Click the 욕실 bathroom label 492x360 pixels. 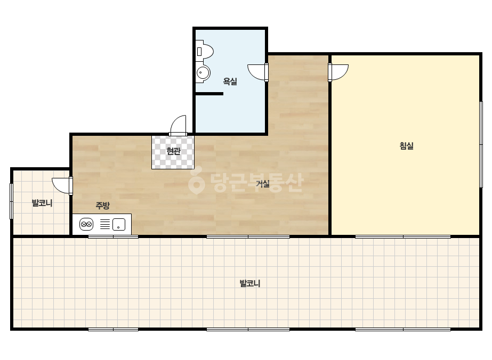[x=230, y=81]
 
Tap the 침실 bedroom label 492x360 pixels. [x=407, y=145]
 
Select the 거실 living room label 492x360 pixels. [x=263, y=184]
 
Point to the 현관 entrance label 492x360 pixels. [x=174, y=151]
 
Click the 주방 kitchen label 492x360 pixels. [x=102, y=206]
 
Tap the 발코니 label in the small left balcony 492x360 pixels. [x=42, y=203]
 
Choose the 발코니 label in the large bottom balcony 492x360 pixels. [x=250, y=283]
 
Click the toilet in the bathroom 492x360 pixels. [x=204, y=51]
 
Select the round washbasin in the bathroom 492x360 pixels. [x=203, y=73]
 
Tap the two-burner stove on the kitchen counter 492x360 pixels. [x=86, y=225]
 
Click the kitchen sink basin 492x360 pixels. [x=119, y=225]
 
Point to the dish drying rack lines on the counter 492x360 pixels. [x=105, y=225]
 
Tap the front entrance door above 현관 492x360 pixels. [x=178, y=126]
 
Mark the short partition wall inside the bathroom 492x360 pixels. [x=209, y=94]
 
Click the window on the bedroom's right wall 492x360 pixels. [x=481, y=144]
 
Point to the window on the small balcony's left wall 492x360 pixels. [x=12, y=201]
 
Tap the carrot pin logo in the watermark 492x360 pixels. [x=196, y=183]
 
